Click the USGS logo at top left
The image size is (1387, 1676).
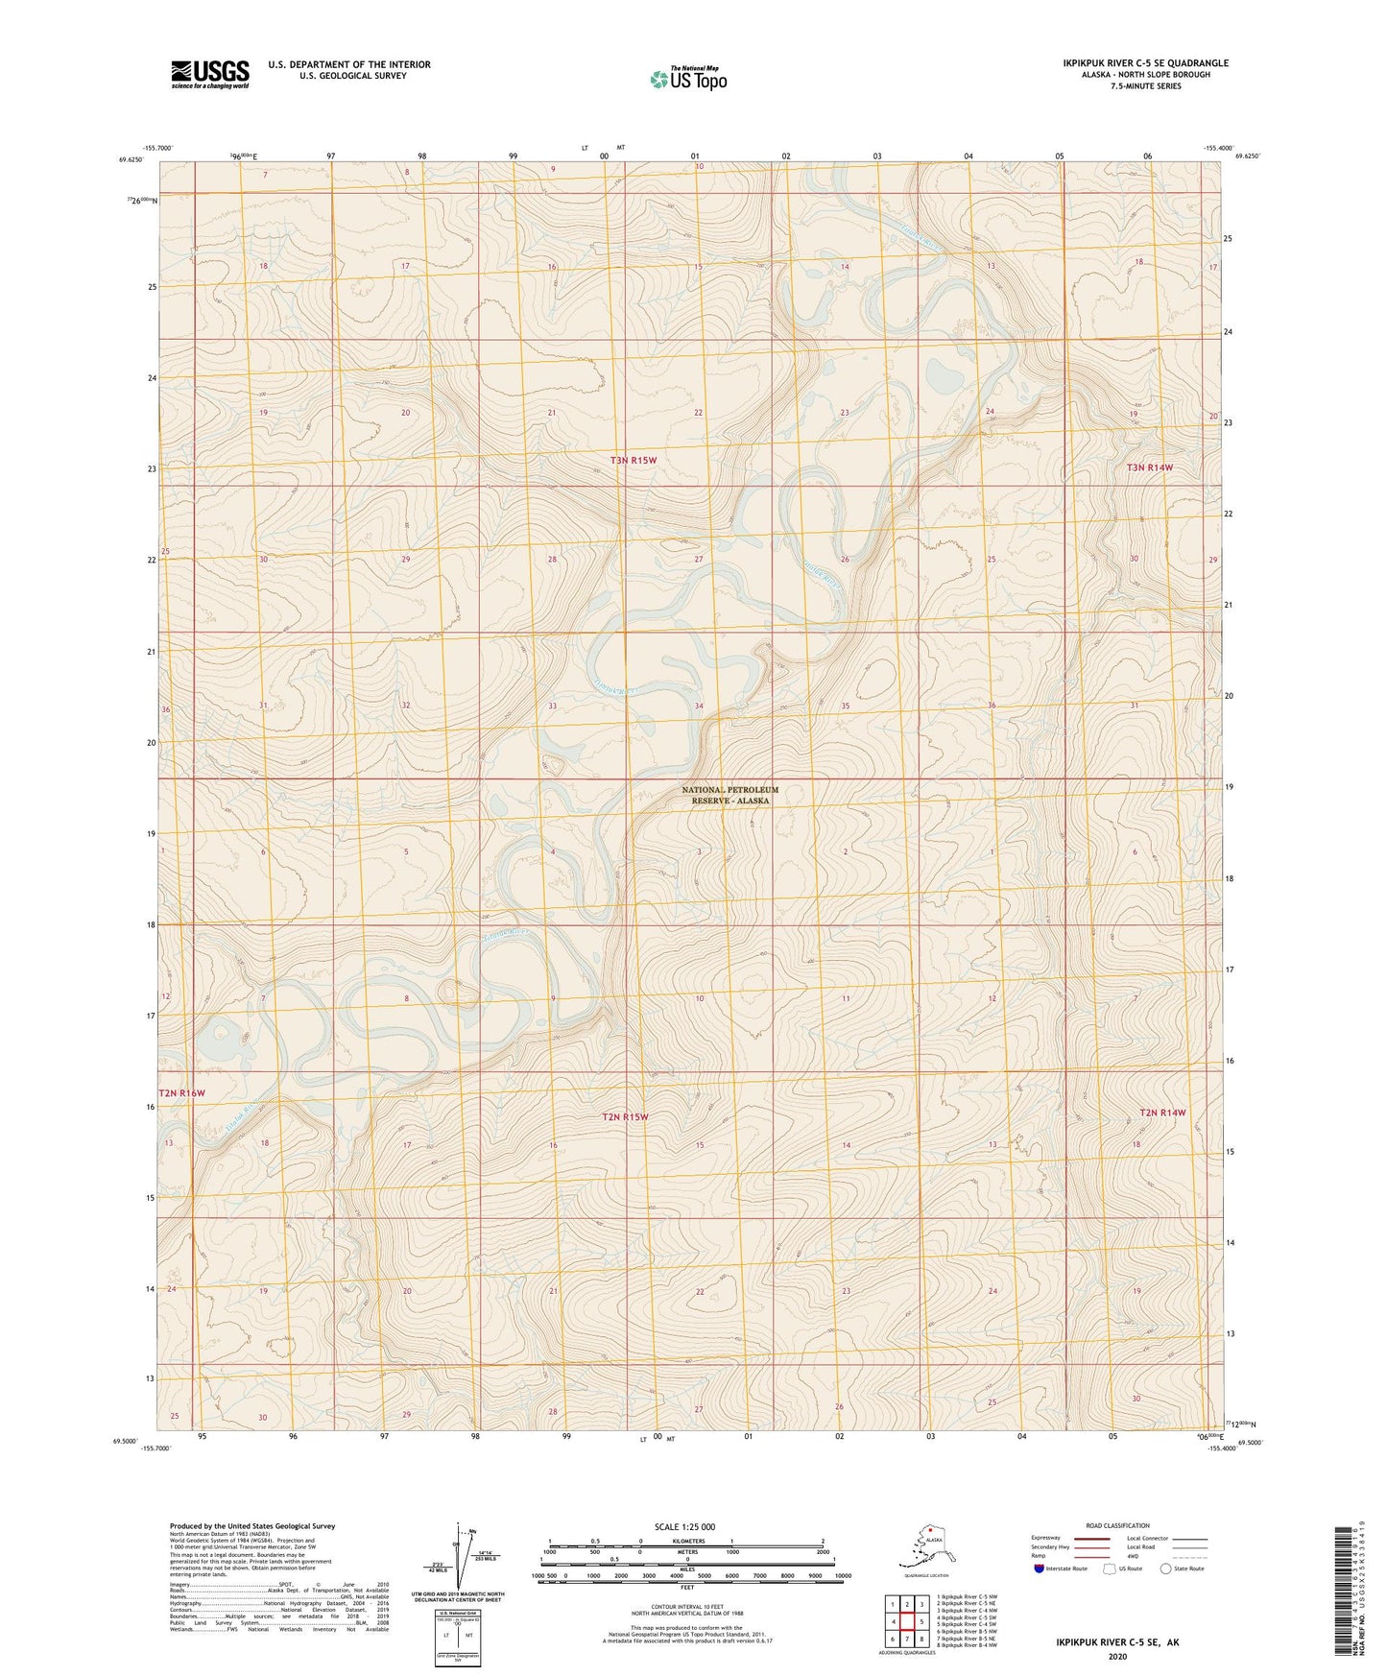[x=209, y=74]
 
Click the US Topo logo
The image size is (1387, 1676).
[x=687, y=79]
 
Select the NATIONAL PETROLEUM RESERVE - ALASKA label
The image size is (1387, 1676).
[x=729, y=795]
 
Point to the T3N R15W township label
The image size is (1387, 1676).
[x=634, y=461]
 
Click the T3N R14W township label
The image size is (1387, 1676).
[x=1150, y=467]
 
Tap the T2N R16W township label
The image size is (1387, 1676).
[x=182, y=1093]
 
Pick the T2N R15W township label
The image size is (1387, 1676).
[x=625, y=1116]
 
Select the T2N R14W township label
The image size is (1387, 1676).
[x=1162, y=1113]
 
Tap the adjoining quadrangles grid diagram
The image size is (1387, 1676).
[x=906, y=1623]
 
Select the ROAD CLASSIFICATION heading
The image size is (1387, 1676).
[x=1117, y=1525]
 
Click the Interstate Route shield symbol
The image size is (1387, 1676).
[x=1040, y=1568]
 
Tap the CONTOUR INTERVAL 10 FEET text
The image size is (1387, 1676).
[x=687, y=1606]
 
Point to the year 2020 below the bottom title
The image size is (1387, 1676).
[x=1117, y=1656]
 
